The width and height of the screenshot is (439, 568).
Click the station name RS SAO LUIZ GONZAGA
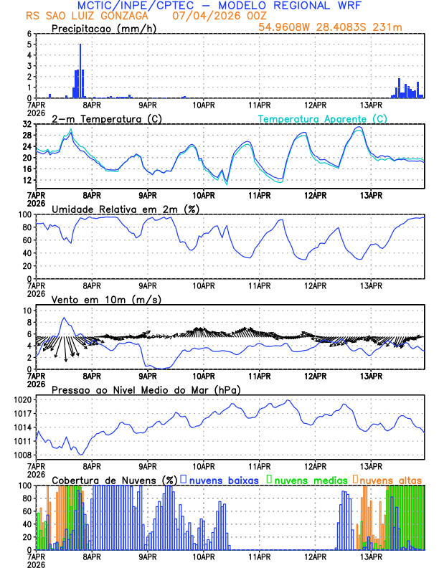(x=88, y=16)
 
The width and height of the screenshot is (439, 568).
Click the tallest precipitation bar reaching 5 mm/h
(x=80, y=72)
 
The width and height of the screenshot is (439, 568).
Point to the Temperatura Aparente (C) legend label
(x=323, y=118)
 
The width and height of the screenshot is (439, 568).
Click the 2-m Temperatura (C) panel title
(x=106, y=118)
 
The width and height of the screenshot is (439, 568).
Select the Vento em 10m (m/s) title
(x=106, y=299)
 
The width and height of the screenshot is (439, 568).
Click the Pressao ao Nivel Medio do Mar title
(x=146, y=389)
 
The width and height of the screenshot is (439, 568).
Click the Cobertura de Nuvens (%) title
(x=115, y=479)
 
